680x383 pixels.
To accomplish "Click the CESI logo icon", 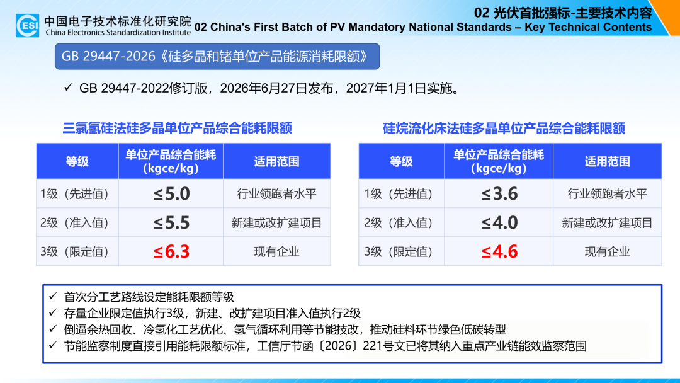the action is (x=27, y=25).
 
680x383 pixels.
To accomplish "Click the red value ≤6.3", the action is (x=171, y=251).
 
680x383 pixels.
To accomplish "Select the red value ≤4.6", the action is (x=499, y=251).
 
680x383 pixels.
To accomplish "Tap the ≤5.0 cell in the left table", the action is (x=171, y=193).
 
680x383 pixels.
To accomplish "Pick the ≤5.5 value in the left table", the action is (x=171, y=222).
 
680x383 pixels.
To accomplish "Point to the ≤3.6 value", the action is (x=499, y=193).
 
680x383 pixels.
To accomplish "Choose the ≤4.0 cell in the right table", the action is (x=499, y=222).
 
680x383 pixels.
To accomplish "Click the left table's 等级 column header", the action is (x=77, y=161).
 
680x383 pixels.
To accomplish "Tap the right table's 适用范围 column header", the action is (x=607, y=161).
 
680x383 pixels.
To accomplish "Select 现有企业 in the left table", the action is (x=276, y=251).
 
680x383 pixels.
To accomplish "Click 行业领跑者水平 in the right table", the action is (x=607, y=193).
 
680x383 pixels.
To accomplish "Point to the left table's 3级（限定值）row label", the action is (x=74, y=251).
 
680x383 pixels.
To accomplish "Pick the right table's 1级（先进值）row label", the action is (x=398, y=193).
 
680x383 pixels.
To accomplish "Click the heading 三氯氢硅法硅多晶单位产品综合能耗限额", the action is (x=178, y=128).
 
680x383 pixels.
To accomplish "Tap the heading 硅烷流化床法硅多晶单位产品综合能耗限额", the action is (x=504, y=128).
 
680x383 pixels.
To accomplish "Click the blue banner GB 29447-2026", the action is (x=217, y=57).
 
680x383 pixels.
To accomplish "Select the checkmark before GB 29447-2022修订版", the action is (x=68, y=88).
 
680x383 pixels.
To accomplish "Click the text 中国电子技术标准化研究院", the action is (x=118, y=21).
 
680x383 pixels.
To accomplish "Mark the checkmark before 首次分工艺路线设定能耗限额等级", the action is (x=53, y=296).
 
